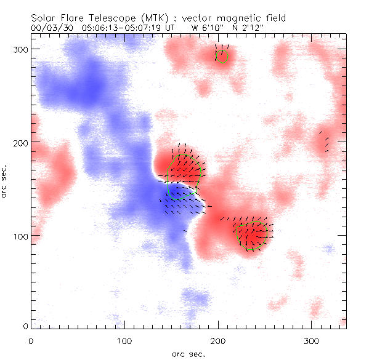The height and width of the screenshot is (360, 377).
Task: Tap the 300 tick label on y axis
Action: (x=20, y=49)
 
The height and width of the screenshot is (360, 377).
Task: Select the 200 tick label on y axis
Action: (x=20, y=143)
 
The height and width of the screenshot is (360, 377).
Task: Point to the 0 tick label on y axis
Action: (x=25, y=326)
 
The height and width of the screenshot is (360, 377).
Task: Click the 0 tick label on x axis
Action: (x=31, y=340)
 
